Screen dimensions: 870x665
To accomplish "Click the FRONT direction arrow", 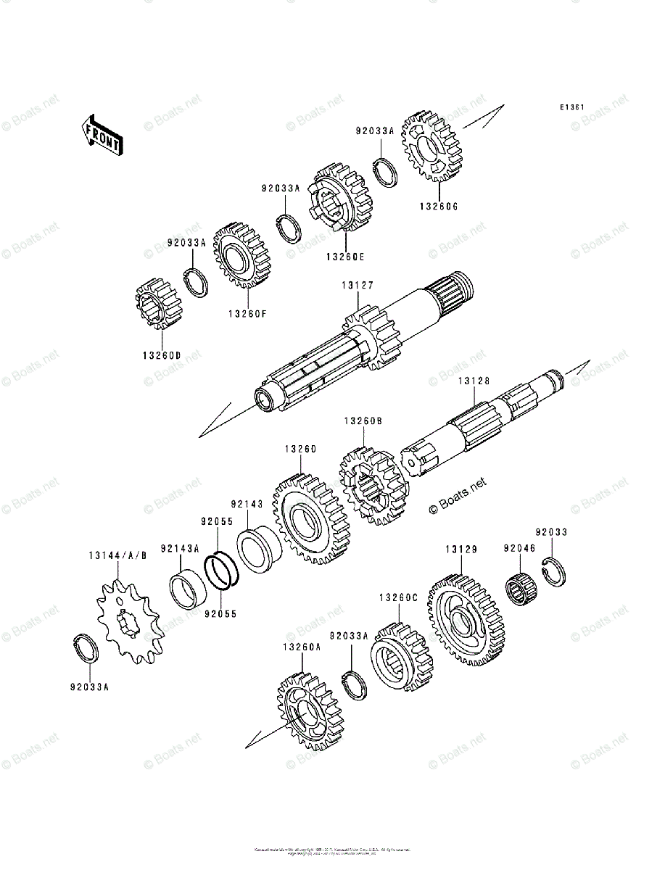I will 101,135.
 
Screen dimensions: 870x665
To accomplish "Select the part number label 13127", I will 358,286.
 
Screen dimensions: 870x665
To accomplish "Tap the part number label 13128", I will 474,381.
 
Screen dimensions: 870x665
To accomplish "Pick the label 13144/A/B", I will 118,556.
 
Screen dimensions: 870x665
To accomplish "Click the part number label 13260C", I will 398,597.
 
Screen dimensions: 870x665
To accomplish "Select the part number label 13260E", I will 344,257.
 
